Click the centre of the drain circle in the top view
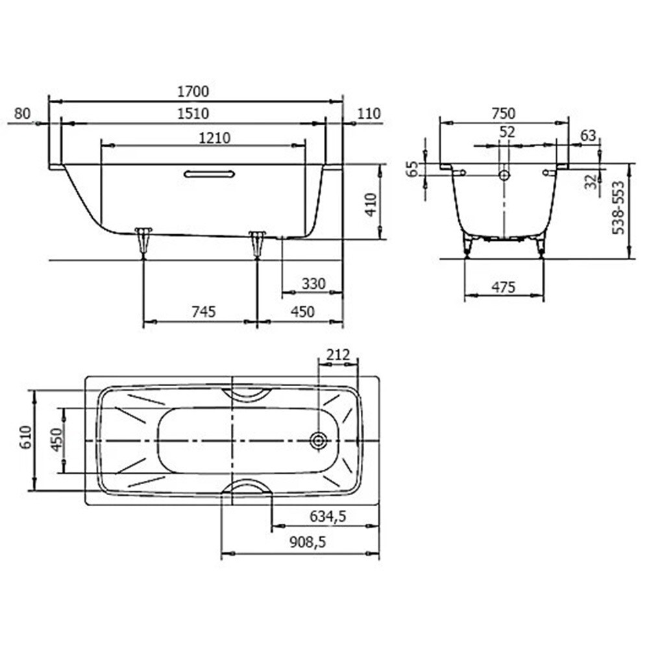318,441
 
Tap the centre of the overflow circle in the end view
504,175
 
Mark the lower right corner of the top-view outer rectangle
380,504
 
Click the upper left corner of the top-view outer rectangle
85,376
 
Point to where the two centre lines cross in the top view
232,441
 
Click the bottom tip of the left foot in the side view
143,259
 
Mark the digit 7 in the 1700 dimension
187,92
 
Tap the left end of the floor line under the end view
439,259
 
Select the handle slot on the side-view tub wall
210,174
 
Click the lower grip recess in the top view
247,487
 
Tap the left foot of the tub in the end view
468,245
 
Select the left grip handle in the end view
458,171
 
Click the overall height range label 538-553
618,208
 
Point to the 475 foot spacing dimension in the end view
504,287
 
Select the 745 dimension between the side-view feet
204,312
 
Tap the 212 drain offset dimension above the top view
337,355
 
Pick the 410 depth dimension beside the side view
371,204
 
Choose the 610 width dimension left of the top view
26,437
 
